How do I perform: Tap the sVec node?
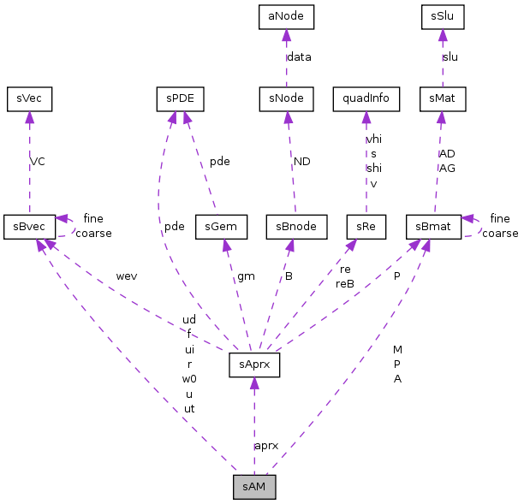[x=29, y=98]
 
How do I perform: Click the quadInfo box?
[x=366, y=98]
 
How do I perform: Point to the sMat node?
[x=443, y=98]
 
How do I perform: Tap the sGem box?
[x=222, y=227]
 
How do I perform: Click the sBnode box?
[x=292, y=227]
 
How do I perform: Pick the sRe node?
[x=366, y=227]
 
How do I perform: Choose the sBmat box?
[x=433, y=227]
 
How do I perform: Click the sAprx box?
[x=254, y=365]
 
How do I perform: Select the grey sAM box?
[x=254, y=486]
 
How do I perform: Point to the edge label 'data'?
[x=299, y=57]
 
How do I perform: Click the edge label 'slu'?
[x=450, y=57]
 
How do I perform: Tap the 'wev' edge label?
[x=127, y=276]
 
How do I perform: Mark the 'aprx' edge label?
[x=266, y=446]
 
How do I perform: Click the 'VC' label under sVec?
[x=38, y=161]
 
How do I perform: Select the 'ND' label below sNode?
[x=301, y=161]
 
